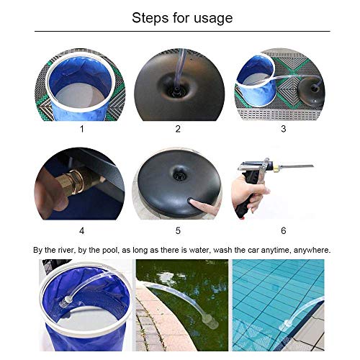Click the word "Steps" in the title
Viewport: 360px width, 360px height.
(150, 18)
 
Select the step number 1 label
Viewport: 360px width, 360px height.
(82, 129)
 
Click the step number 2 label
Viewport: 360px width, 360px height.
(178, 129)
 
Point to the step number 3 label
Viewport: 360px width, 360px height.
(284, 129)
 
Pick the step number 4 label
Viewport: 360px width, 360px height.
(82, 230)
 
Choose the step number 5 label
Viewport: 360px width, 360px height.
(178, 230)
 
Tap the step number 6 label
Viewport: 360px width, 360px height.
(284, 230)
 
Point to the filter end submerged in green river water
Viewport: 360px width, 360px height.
(211, 323)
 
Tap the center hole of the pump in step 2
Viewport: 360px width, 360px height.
(177, 90)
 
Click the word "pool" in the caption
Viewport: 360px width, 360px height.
(110, 251)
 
